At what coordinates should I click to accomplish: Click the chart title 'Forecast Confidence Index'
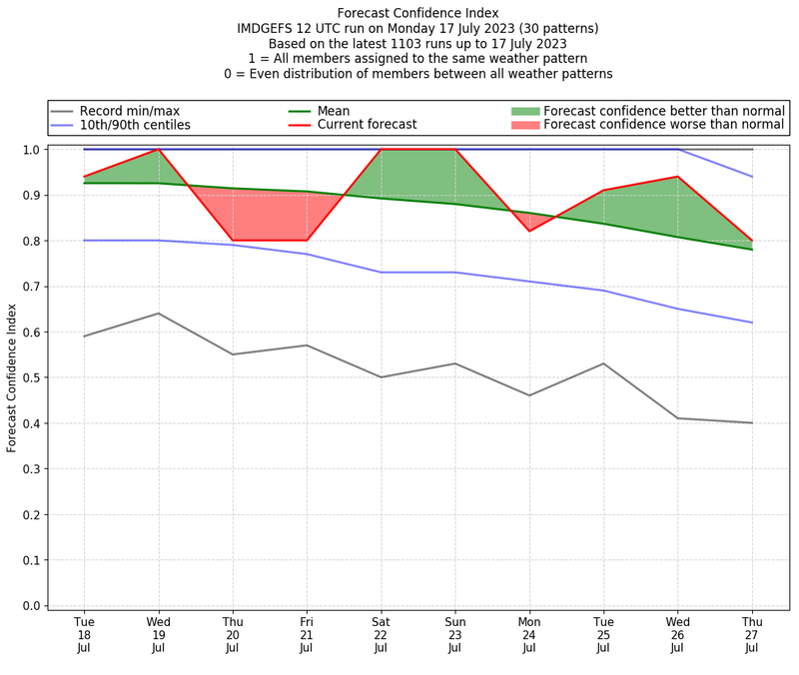tap(417, 13)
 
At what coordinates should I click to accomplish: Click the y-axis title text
tap(13, 376)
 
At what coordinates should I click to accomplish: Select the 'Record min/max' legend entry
tap(130, 111)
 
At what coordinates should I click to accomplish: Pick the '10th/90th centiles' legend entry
tap(135, 125)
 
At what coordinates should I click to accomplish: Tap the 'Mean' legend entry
tap(334, 111)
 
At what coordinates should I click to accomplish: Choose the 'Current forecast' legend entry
tap(367, 125)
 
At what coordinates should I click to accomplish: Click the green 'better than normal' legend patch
tap(525, 111)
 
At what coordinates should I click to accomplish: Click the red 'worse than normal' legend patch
tap(525, 125)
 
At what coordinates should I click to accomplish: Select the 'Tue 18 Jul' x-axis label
tap(84, 635)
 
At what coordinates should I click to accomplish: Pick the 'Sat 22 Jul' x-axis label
tap(381, 635)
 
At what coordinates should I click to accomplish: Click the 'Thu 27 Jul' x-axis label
tap(752, 635)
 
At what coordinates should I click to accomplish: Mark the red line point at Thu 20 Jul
tap(233, 241)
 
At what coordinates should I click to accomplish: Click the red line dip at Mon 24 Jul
tap(529, 232)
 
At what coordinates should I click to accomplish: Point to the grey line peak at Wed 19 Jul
tap(158, 314)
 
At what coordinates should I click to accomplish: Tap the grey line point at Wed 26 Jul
tap(678, 418)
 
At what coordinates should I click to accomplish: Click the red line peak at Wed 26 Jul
tap(678, 177)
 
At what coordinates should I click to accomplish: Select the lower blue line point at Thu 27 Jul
tap(752, 323)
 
